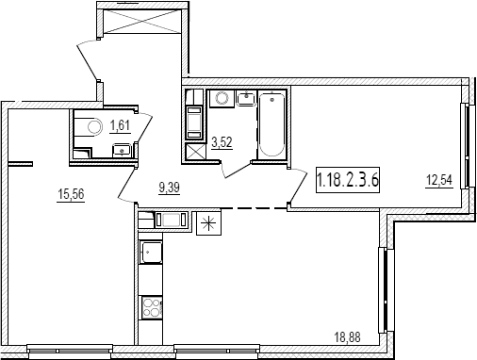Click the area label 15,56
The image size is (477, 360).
pos(71,194)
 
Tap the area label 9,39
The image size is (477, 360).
pos(170,188)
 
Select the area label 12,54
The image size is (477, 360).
pos(439,180)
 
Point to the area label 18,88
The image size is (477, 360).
pos(347,338)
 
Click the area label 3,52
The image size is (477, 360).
pos(222,142)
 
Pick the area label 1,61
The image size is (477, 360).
pos(120,125)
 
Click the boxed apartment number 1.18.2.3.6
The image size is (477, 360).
pos(348,180)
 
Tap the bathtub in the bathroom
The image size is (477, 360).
pos(271,125)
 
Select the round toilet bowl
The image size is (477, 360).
pos(95,127)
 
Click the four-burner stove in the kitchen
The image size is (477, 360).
pos(152,307)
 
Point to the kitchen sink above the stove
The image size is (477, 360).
pos(151,252)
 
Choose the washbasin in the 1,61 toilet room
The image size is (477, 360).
pos(122,150)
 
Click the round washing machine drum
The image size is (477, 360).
pos(222,99)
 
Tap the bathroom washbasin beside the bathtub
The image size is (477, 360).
pos(247,99)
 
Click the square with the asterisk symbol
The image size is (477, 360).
pos(208,223)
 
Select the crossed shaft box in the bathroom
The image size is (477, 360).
pos(195,153)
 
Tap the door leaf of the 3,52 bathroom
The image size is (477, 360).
pos(238,170)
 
